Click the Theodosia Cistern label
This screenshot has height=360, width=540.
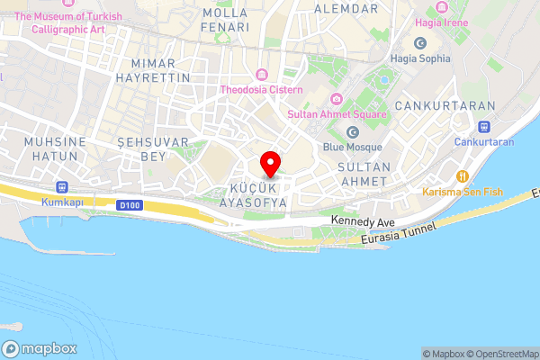click(x=261, y=89)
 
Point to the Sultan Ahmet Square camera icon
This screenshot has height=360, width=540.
click(x=336, y=99)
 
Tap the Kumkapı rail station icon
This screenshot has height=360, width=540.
click(x=61, y=187)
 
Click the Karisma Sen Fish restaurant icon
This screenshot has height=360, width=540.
click(x=463, y=176)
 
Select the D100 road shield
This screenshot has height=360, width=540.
click(x=130, y=205)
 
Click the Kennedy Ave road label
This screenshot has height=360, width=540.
click(x=363, y=220)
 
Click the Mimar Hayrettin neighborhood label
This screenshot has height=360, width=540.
click(x=160, y=70)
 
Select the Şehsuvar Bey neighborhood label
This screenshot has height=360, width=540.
click(x=152, y=149)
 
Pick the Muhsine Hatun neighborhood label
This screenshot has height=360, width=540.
click(x=56, y=149)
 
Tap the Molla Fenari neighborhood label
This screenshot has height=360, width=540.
click(x=225, y=20)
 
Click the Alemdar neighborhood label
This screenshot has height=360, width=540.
click(x=346, y=8)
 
